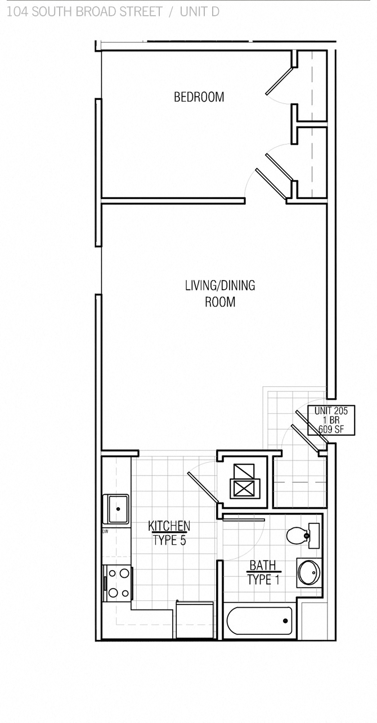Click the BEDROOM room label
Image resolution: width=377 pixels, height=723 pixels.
click(199, 97)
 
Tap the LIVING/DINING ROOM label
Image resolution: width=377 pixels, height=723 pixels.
click(219, 293)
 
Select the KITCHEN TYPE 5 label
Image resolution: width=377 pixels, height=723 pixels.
click(169, 533)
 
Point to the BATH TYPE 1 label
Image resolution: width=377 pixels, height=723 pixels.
click(263, 572)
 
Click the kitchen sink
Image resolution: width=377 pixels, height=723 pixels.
click(116, 508)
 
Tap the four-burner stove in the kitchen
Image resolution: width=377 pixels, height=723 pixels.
click(118, 583)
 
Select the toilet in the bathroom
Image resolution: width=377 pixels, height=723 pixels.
click(298, 536)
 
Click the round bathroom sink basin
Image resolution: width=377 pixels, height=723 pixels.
click(308, 572)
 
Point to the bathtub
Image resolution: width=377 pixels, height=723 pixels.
click(259, 621)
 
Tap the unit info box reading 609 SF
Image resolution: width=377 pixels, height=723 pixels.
click(331, 421)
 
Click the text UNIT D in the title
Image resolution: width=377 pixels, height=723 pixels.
click(199, 11)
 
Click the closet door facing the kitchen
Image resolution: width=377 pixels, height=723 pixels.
click(203, 487)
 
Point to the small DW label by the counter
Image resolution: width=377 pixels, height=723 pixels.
click(105, 531)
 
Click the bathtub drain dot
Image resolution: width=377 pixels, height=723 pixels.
click(286, 621)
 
